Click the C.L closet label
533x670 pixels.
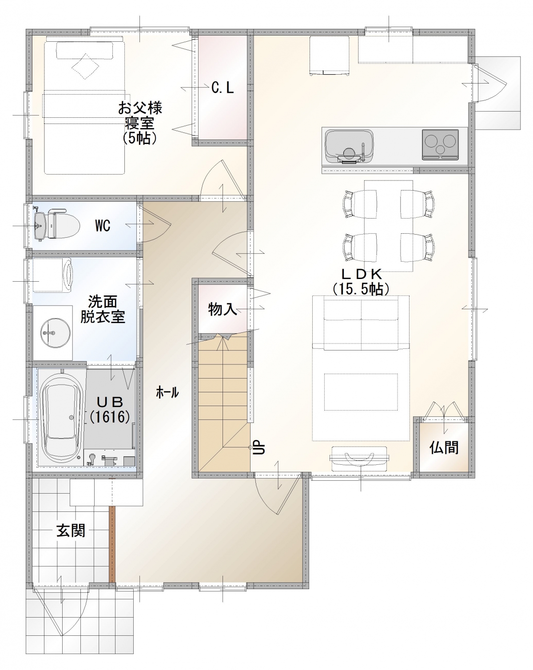[223, 88]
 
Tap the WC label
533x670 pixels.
[103, 226]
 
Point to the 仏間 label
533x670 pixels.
[444, 447]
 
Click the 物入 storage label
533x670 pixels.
[223, 309]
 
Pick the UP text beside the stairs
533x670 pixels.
[259, 447]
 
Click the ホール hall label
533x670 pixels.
[167, 393]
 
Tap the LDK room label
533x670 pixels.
[362, 274]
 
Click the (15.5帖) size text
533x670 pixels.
[361, 289]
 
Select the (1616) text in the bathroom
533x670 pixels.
[110, 417]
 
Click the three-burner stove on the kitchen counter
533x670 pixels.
[440, 144]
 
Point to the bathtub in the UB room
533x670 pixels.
[62, 417]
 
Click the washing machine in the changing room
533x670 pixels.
[52, 275]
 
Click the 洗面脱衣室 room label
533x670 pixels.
[103, 310]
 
